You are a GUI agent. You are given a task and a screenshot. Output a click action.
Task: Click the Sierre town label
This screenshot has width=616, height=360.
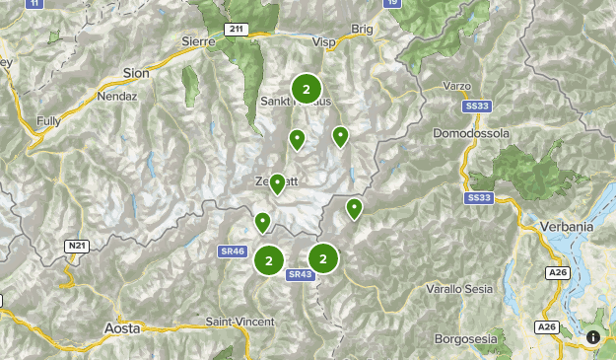198,40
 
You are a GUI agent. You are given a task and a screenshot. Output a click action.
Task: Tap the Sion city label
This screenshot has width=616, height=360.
136,72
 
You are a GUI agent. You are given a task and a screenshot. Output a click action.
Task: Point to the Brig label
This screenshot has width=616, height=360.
362,30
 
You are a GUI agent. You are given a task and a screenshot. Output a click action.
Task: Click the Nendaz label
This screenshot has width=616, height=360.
115,97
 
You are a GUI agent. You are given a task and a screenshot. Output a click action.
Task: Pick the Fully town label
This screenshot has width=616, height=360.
48,120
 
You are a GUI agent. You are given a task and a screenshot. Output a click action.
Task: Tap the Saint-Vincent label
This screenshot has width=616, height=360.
240,323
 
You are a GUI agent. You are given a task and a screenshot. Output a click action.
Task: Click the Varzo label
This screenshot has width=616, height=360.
457,85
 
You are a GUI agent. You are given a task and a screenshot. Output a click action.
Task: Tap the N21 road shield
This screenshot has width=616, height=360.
77,245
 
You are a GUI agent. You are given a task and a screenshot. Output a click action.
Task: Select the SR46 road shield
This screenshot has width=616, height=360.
233,252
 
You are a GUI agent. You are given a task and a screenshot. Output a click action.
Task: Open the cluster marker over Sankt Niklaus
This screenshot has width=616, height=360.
306,89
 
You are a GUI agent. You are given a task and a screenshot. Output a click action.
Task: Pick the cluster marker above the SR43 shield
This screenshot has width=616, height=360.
323,258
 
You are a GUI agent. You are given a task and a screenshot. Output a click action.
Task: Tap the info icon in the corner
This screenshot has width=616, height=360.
593,337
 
